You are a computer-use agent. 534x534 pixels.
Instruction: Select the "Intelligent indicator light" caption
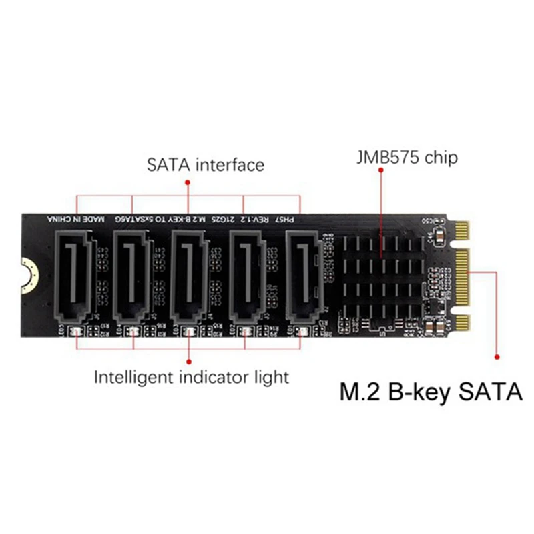click(192, 377)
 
